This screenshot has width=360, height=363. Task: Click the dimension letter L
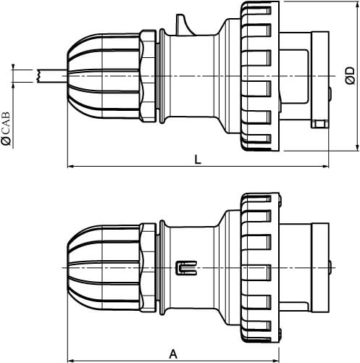[198, 160]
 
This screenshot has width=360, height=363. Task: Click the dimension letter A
[173, 354]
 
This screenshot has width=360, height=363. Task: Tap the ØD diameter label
[349, 75]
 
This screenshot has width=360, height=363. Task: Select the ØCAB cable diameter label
[7, 130]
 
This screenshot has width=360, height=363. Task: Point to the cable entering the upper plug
[51, 75]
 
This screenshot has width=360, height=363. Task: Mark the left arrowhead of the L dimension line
[70, 167]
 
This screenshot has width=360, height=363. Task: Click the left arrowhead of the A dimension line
[70, 359]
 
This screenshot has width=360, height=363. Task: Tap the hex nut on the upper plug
[148, 74]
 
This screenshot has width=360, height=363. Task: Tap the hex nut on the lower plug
[148, 267]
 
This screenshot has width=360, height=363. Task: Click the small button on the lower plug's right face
[330, 267]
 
